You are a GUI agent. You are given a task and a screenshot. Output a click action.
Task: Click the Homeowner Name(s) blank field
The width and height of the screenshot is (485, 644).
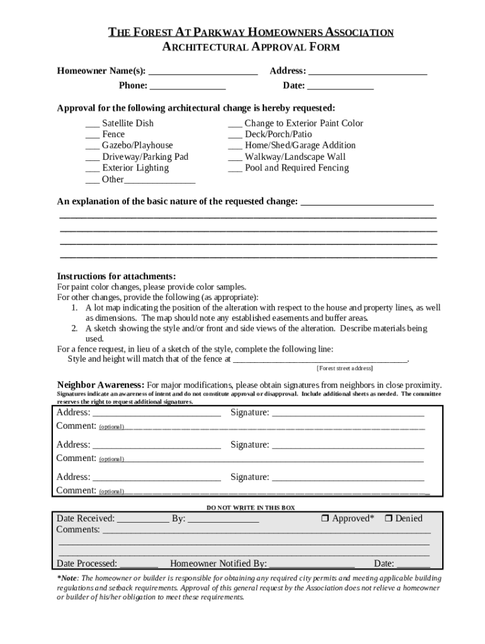coord(203,72)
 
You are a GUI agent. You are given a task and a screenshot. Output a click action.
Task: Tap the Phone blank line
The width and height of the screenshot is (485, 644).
coord(188,86)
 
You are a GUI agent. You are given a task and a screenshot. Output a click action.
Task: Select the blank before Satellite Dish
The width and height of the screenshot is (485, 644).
coord(92,124)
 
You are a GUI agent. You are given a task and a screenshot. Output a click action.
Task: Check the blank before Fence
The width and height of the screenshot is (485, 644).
coord(92,135)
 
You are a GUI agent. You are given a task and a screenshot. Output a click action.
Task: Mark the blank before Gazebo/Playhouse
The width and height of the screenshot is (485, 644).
coord(92,146)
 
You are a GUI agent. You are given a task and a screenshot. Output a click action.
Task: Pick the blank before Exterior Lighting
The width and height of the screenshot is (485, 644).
coord(92,169)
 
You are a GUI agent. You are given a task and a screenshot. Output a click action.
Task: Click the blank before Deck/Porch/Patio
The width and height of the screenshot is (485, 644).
coord(235,135)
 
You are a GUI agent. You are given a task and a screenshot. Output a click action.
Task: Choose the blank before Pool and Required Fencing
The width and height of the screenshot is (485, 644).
coord(235,169)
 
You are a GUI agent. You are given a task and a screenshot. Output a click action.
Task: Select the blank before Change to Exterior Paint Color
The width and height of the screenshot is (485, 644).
coord(235,124)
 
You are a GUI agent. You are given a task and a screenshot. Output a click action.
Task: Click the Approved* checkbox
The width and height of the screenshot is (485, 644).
coord(325,519)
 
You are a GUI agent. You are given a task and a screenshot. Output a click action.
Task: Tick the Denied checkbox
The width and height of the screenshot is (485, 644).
coord(388,519)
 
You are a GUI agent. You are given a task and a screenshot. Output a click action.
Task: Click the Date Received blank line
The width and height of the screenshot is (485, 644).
coord(143,519)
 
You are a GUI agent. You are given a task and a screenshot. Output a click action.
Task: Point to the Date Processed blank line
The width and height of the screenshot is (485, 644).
coord(139,564)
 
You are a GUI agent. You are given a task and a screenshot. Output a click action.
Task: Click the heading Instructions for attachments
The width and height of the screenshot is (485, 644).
coord(117,277)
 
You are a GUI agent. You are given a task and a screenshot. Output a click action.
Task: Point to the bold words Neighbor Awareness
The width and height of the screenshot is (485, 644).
coord(100,385)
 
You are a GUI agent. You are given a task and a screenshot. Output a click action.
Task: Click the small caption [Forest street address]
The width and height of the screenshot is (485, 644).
coord(344,369)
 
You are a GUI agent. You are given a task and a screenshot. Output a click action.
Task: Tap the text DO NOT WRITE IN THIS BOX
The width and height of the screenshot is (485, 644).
coord(251,508)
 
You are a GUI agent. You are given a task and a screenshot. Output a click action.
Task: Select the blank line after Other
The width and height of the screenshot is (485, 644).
coord(159,180)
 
